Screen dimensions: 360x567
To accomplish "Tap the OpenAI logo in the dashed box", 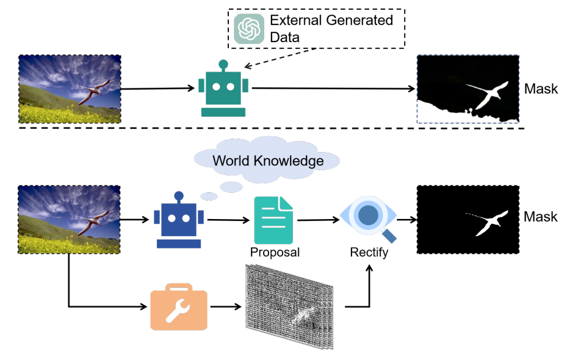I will coord(249,29).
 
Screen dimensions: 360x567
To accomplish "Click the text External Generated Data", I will coord(331,29).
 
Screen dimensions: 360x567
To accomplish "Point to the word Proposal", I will coord(275,252).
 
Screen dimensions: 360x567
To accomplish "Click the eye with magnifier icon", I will coord(369,218).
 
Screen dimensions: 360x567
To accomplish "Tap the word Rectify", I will coord(369,252).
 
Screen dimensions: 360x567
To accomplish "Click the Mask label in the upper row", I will coord(541,89).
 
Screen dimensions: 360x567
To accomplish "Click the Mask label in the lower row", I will coord(541,217).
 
